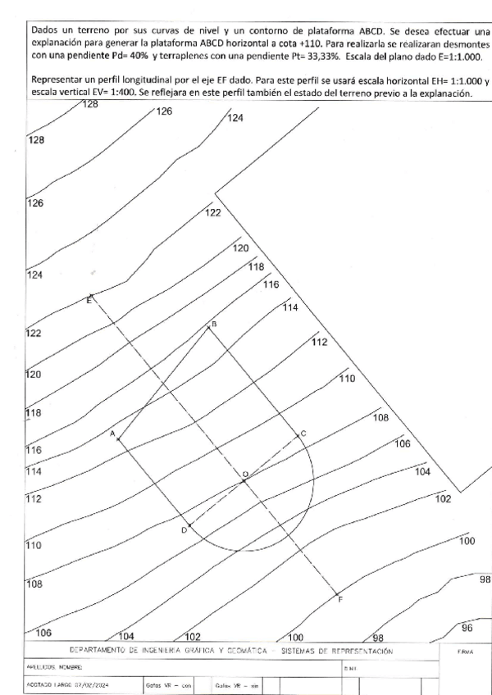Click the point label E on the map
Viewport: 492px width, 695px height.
(88, 302)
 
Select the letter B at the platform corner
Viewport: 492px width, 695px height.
(214, 325)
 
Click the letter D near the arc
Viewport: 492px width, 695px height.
(184, 531)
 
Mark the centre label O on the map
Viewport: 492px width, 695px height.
(244, 475)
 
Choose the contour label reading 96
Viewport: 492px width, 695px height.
(467, 628)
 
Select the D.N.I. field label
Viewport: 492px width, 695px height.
(350, 669)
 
